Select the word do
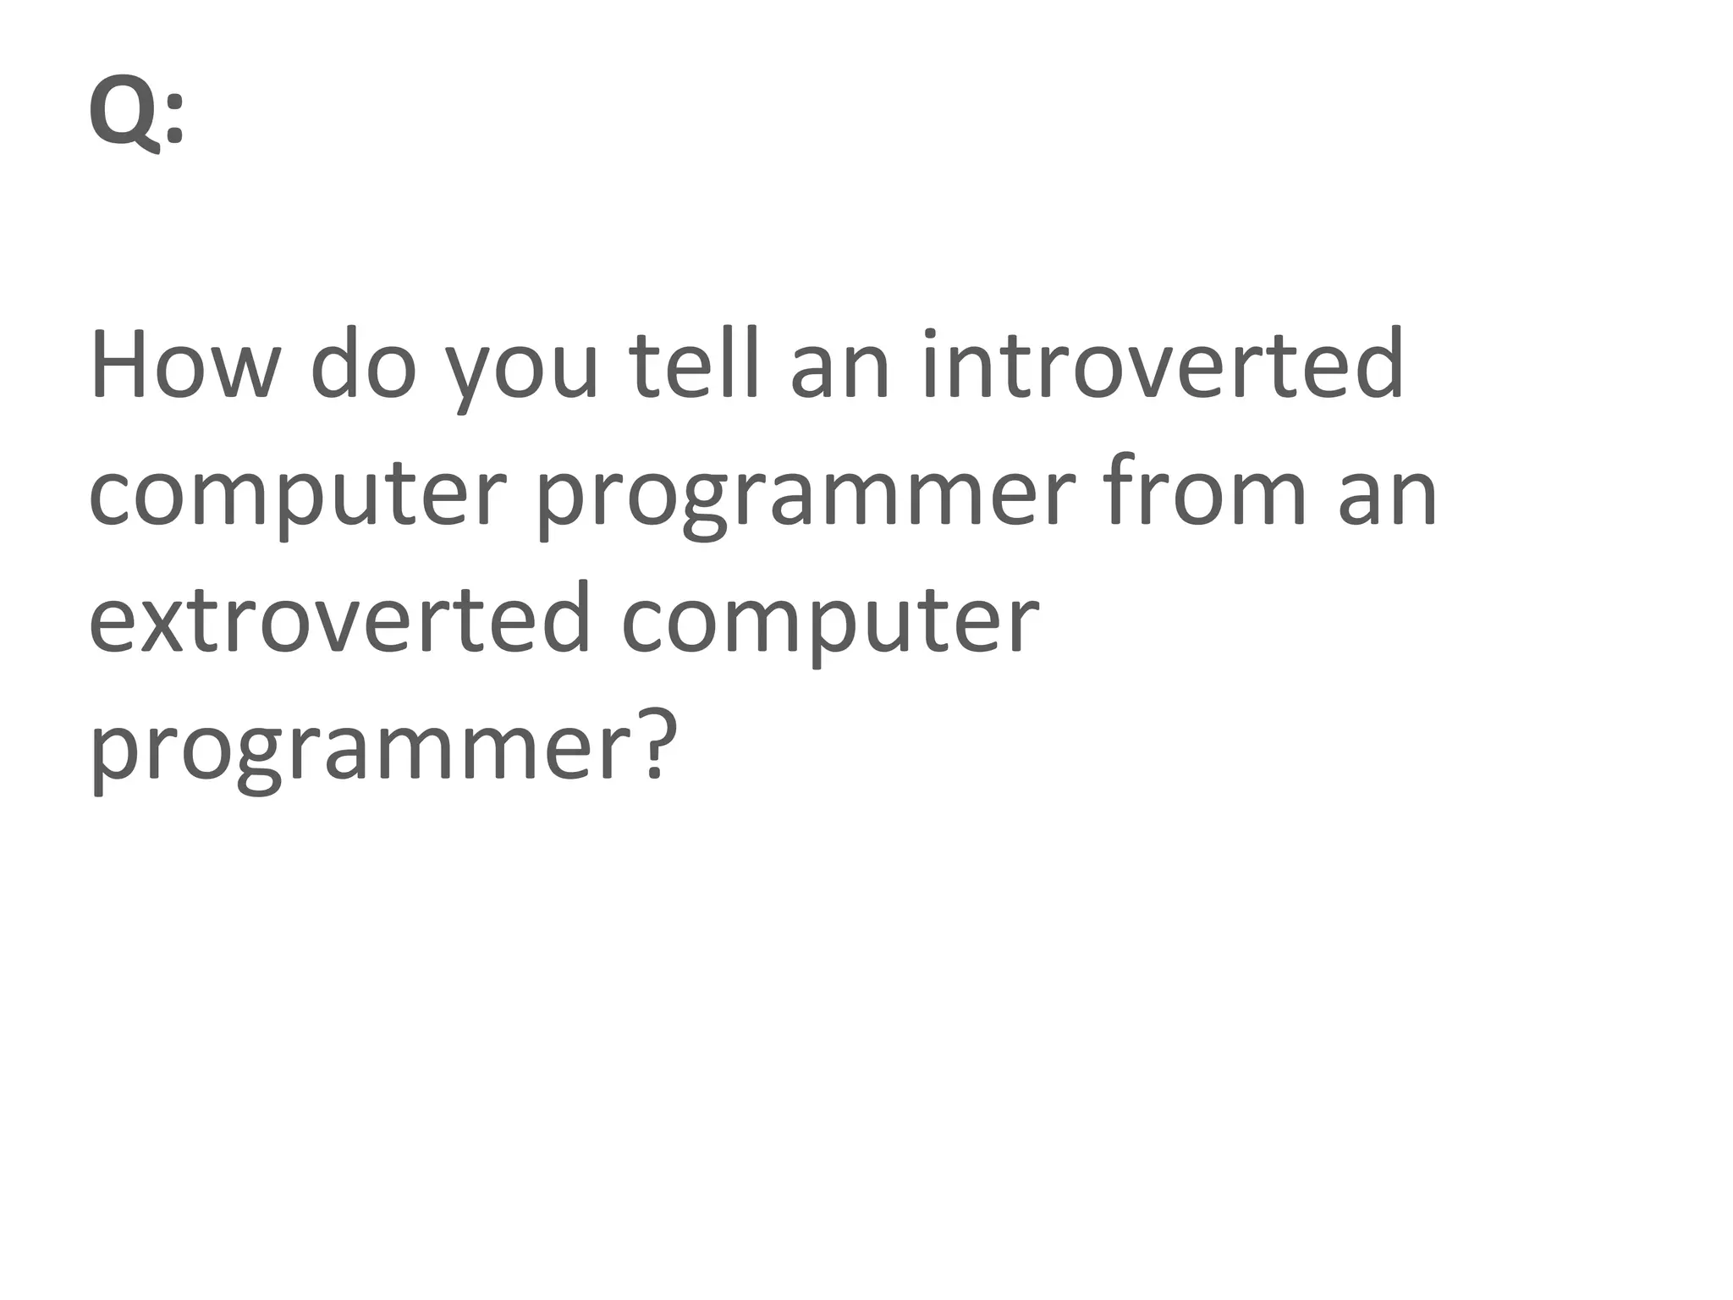[364, 366]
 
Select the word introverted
[1163, 366]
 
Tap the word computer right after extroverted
[830, 622]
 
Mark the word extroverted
[339, 618]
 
